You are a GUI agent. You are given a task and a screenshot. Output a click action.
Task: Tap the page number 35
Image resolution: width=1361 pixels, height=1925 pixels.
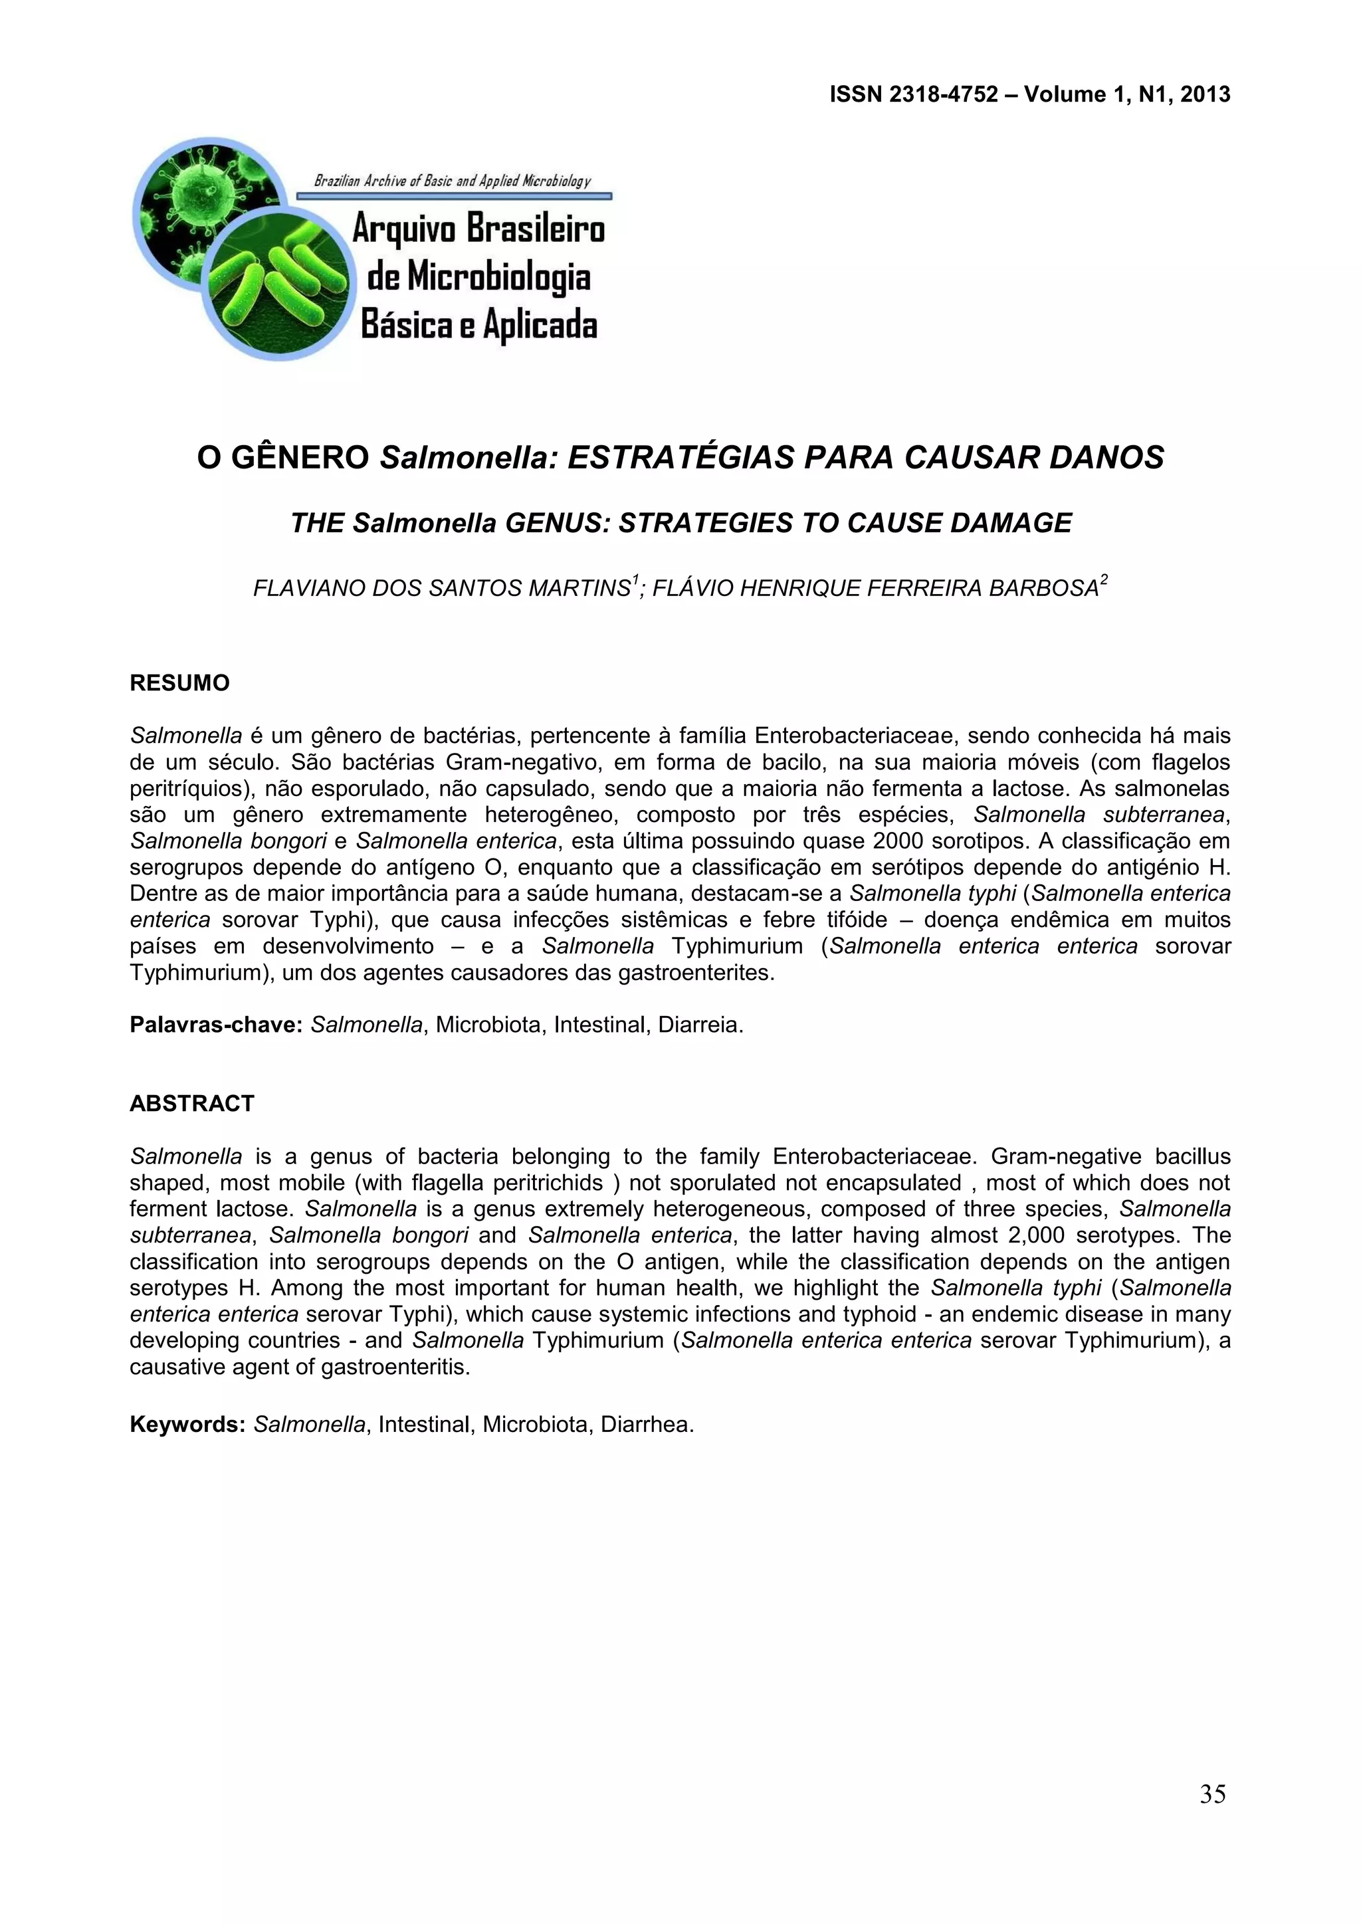(1213, 1794)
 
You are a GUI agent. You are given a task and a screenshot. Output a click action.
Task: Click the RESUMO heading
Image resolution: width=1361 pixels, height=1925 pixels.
(179, 683)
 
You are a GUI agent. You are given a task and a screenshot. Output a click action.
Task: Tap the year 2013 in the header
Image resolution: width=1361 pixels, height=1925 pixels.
(1205, 95)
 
